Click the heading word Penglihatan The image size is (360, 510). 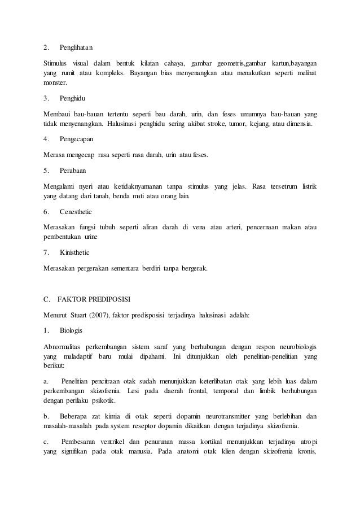coord(76,46)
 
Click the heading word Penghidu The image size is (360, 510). coord(73,98)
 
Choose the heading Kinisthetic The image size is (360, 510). coord(74,252)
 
